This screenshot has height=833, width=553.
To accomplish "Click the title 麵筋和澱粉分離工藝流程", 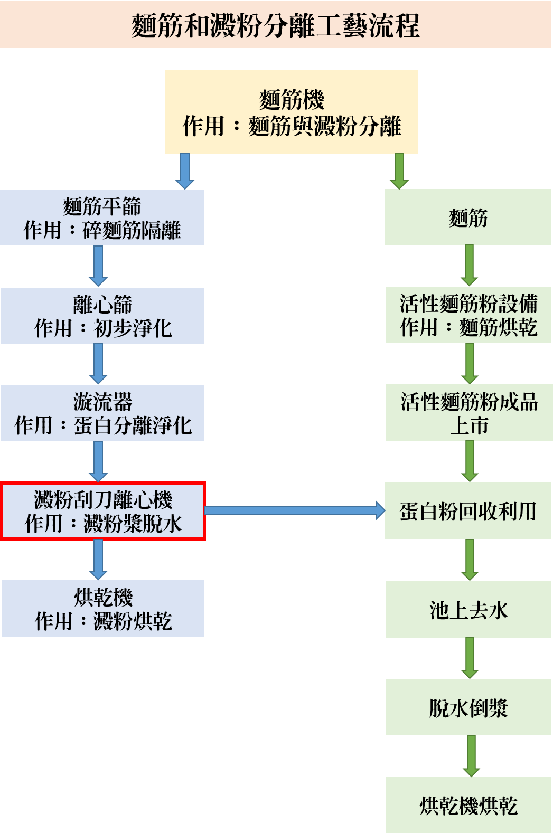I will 276,24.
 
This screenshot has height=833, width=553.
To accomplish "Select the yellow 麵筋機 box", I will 291,112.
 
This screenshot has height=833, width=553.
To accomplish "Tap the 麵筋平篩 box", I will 102,217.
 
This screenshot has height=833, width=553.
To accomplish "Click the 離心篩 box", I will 102,316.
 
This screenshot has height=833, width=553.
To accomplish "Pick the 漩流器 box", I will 102,413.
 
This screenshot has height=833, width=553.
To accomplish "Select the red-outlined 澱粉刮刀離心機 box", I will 103,511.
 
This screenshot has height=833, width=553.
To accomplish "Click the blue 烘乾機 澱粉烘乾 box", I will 103,608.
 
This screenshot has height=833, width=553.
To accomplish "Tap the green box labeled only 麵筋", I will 468,217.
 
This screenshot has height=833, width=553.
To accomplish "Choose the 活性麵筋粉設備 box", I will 468,315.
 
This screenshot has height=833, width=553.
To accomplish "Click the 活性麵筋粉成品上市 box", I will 469,413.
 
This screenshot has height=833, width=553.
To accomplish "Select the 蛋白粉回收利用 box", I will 468,511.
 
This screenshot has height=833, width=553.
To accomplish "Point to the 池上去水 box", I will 468,610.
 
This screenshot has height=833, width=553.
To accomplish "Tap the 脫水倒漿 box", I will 468,707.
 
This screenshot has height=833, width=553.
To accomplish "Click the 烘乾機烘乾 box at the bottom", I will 468,805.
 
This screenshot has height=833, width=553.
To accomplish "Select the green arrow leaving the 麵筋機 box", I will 399,171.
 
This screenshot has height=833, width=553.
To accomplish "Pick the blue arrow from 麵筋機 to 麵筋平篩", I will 185,171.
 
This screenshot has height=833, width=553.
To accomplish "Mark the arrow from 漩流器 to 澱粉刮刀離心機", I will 98,461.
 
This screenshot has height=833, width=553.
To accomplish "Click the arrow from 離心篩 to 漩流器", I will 98,363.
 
